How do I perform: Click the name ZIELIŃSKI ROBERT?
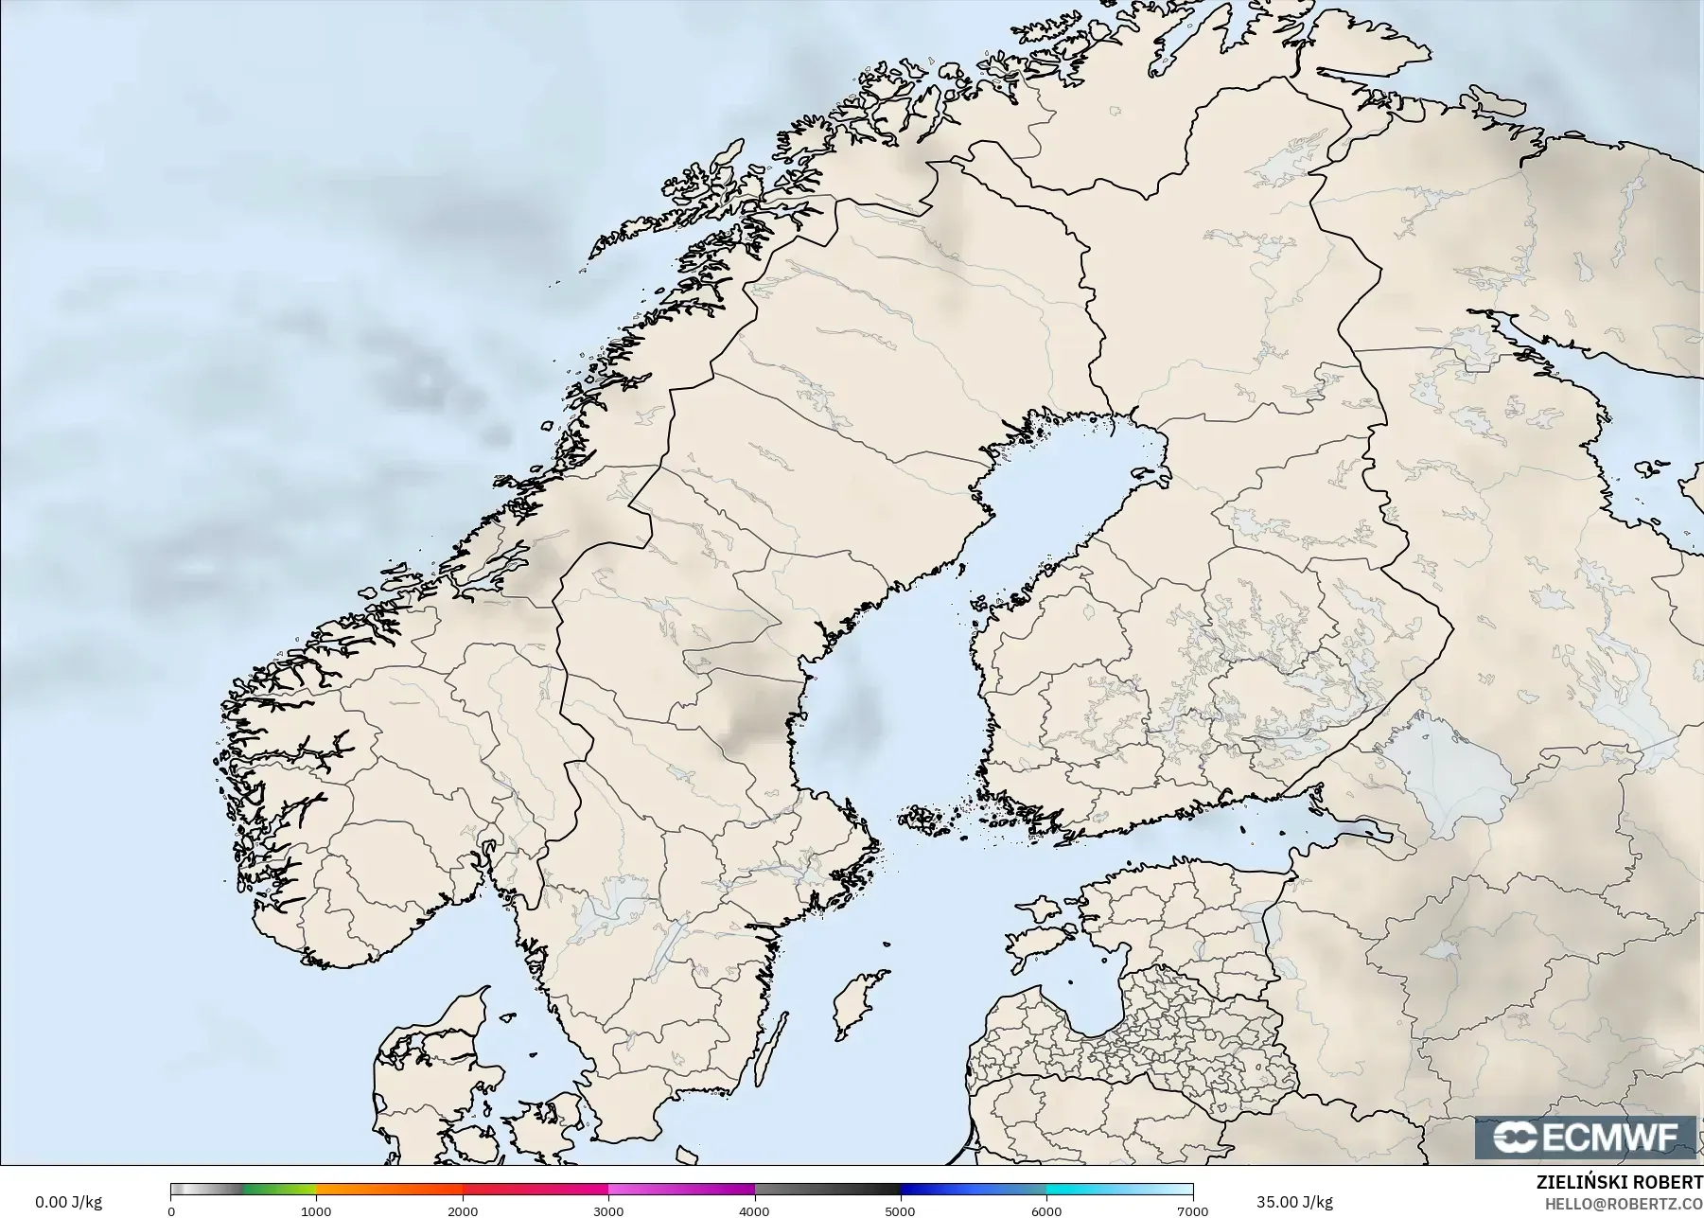[x=1619, y=1184]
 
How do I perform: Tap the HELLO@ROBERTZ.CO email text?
[x=1624, y=1204]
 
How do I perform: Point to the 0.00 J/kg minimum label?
[x=68, y=1202]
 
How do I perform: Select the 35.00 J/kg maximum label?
[x=1294, y=1202]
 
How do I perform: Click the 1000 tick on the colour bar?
[x=316, y=1211]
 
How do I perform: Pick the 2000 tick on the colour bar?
[x=462, y=1211]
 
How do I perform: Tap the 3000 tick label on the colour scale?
[x=608, y=1211]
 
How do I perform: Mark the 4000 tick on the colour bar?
[x=754, y=1211]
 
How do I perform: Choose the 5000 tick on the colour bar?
[x=900, y=1211]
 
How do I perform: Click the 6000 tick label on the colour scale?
[x=1046, y=1211]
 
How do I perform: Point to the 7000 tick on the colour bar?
[x=1191, y=1211]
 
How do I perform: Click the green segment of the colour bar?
[x=279, y=1190]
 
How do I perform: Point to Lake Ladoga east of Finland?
[x=1448, y=776]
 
